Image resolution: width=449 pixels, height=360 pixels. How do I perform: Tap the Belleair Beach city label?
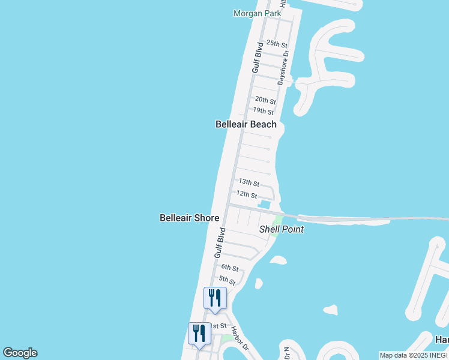(x=246, y=124)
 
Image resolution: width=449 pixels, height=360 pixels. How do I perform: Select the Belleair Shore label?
(x=189, y=218)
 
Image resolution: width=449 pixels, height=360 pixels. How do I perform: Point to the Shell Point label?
(x=281, y=229)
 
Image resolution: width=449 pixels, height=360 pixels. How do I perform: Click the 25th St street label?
(x=277, y=44)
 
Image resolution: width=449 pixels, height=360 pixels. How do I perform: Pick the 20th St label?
(x=265, y=100)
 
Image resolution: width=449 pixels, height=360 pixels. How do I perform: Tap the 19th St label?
(x=263, y=111)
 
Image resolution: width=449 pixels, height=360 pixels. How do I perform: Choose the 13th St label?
(x=249, y=182)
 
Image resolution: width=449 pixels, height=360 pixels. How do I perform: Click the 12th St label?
(x=247, y=195)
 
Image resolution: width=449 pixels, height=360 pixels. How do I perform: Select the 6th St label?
(x=230, y=268)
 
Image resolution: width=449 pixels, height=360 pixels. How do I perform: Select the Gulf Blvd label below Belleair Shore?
(x=220, y=243)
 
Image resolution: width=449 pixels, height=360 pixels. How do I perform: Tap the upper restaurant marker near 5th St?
(x=215, y=298)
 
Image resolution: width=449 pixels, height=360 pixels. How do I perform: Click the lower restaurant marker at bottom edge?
(x=199, y=334)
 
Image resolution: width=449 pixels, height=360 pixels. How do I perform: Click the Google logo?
(x=20, y=353)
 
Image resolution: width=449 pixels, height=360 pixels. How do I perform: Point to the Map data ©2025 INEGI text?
(x=414, y=355)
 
